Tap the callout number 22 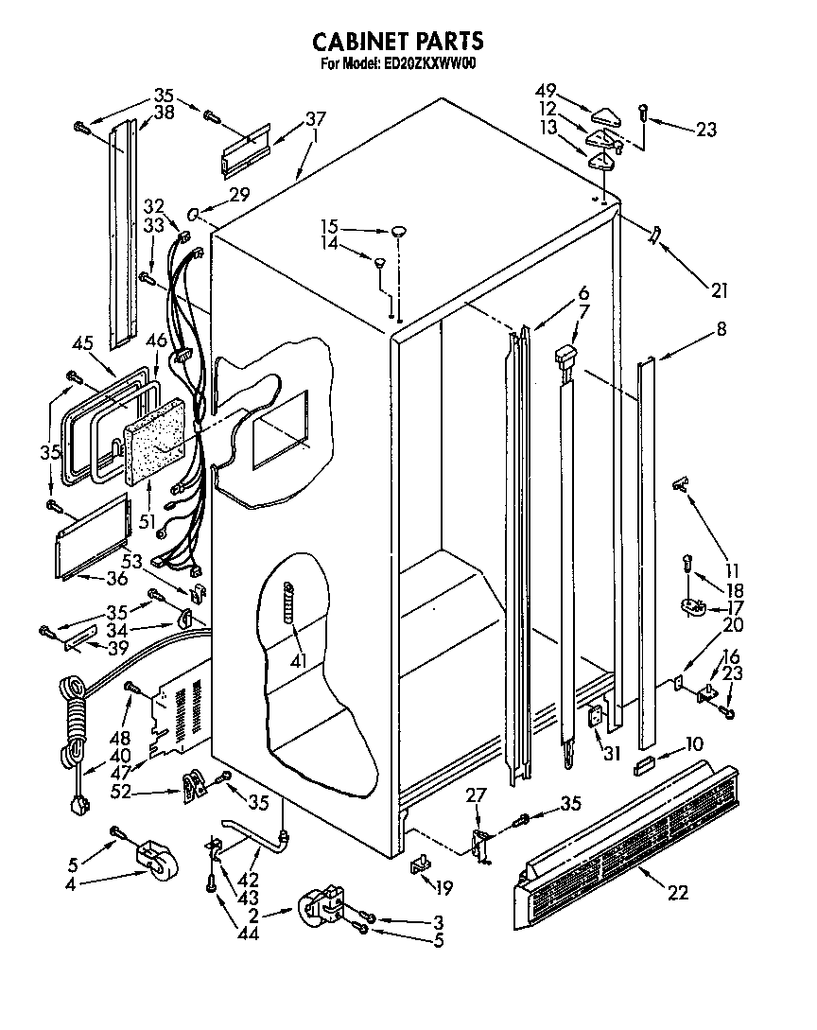pos(677,891)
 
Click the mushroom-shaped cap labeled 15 pos(400,229)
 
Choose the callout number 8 pos(721,329)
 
